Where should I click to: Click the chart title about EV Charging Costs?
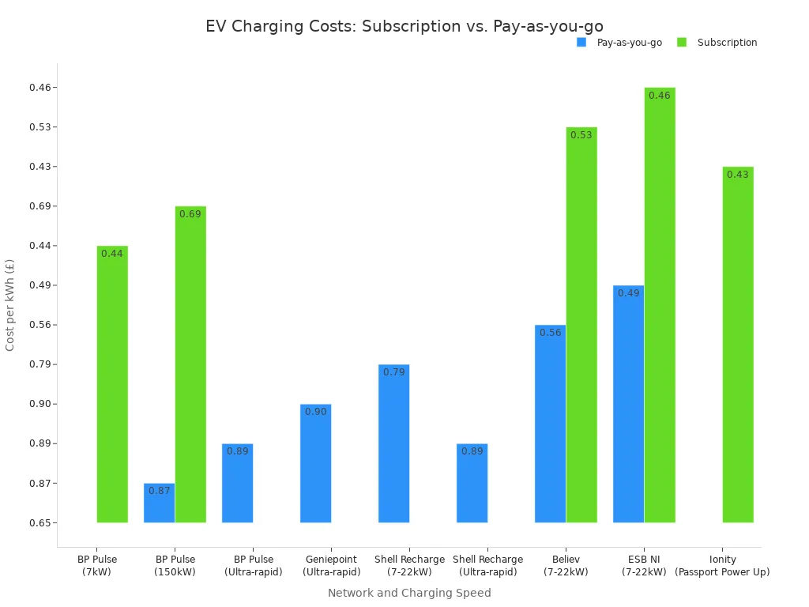404,26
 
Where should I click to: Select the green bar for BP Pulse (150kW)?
190,364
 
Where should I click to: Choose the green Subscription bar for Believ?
581,325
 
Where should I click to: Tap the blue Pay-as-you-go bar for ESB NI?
628,404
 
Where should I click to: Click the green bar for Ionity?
738,345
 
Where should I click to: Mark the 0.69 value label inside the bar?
190,214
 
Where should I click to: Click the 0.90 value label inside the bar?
315,412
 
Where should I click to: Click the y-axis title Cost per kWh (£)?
10,304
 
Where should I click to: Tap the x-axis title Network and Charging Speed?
409,593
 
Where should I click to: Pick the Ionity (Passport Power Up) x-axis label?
722,566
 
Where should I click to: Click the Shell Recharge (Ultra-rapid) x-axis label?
487,566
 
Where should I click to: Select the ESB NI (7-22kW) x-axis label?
644,566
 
